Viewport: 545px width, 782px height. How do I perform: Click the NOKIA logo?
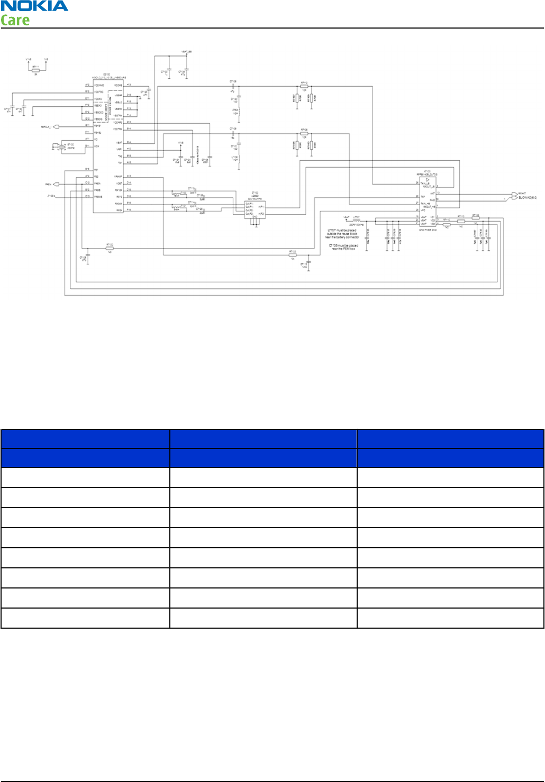coord(34,6)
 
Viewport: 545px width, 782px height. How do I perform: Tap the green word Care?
coord(15,21)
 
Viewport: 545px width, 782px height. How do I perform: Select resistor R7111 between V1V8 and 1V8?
coord(36,70)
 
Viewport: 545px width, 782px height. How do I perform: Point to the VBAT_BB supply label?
coord(187,52)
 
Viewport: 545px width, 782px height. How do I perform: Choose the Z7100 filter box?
coord(255,208)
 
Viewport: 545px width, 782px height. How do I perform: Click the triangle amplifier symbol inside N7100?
coord(428,180)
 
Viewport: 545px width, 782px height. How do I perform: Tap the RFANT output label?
coord(522,194)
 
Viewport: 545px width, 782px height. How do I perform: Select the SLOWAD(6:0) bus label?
coord(527,198)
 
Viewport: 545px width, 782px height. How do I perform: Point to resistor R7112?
coord(304,86)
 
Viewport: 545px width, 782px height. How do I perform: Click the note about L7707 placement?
coord(342,234)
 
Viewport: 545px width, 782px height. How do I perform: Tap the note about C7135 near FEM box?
coord(343,247)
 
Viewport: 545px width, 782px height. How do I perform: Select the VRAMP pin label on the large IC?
coord(119,177)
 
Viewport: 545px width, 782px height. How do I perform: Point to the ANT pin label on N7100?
coord(432,193)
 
